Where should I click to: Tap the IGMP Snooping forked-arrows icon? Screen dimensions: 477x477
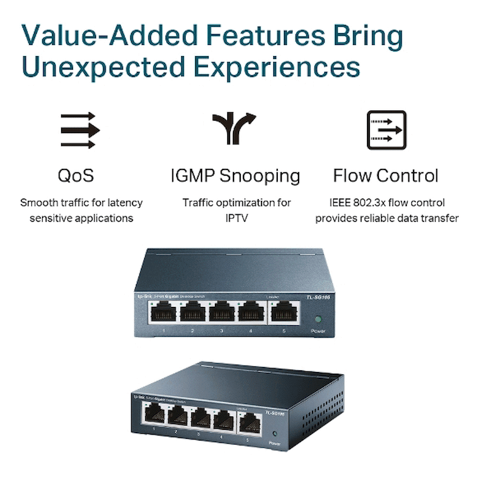pos(234,128)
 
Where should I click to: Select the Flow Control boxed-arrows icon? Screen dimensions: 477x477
pos(387,130)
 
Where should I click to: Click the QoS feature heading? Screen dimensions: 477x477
pos(76,176)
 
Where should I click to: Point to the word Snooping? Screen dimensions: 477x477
pos(259,176)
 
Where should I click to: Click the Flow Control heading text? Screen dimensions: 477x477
pos(386,176)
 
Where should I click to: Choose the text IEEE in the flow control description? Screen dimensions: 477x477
pos(342,203)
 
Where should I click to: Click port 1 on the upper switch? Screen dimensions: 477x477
pos(163,311)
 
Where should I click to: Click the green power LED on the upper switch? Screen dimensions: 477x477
pos(318,319)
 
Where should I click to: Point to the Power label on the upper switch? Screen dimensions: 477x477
pos(318,331)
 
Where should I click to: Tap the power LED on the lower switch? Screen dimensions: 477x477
pos(275,434)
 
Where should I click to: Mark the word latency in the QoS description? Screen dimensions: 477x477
pos(126,203)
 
